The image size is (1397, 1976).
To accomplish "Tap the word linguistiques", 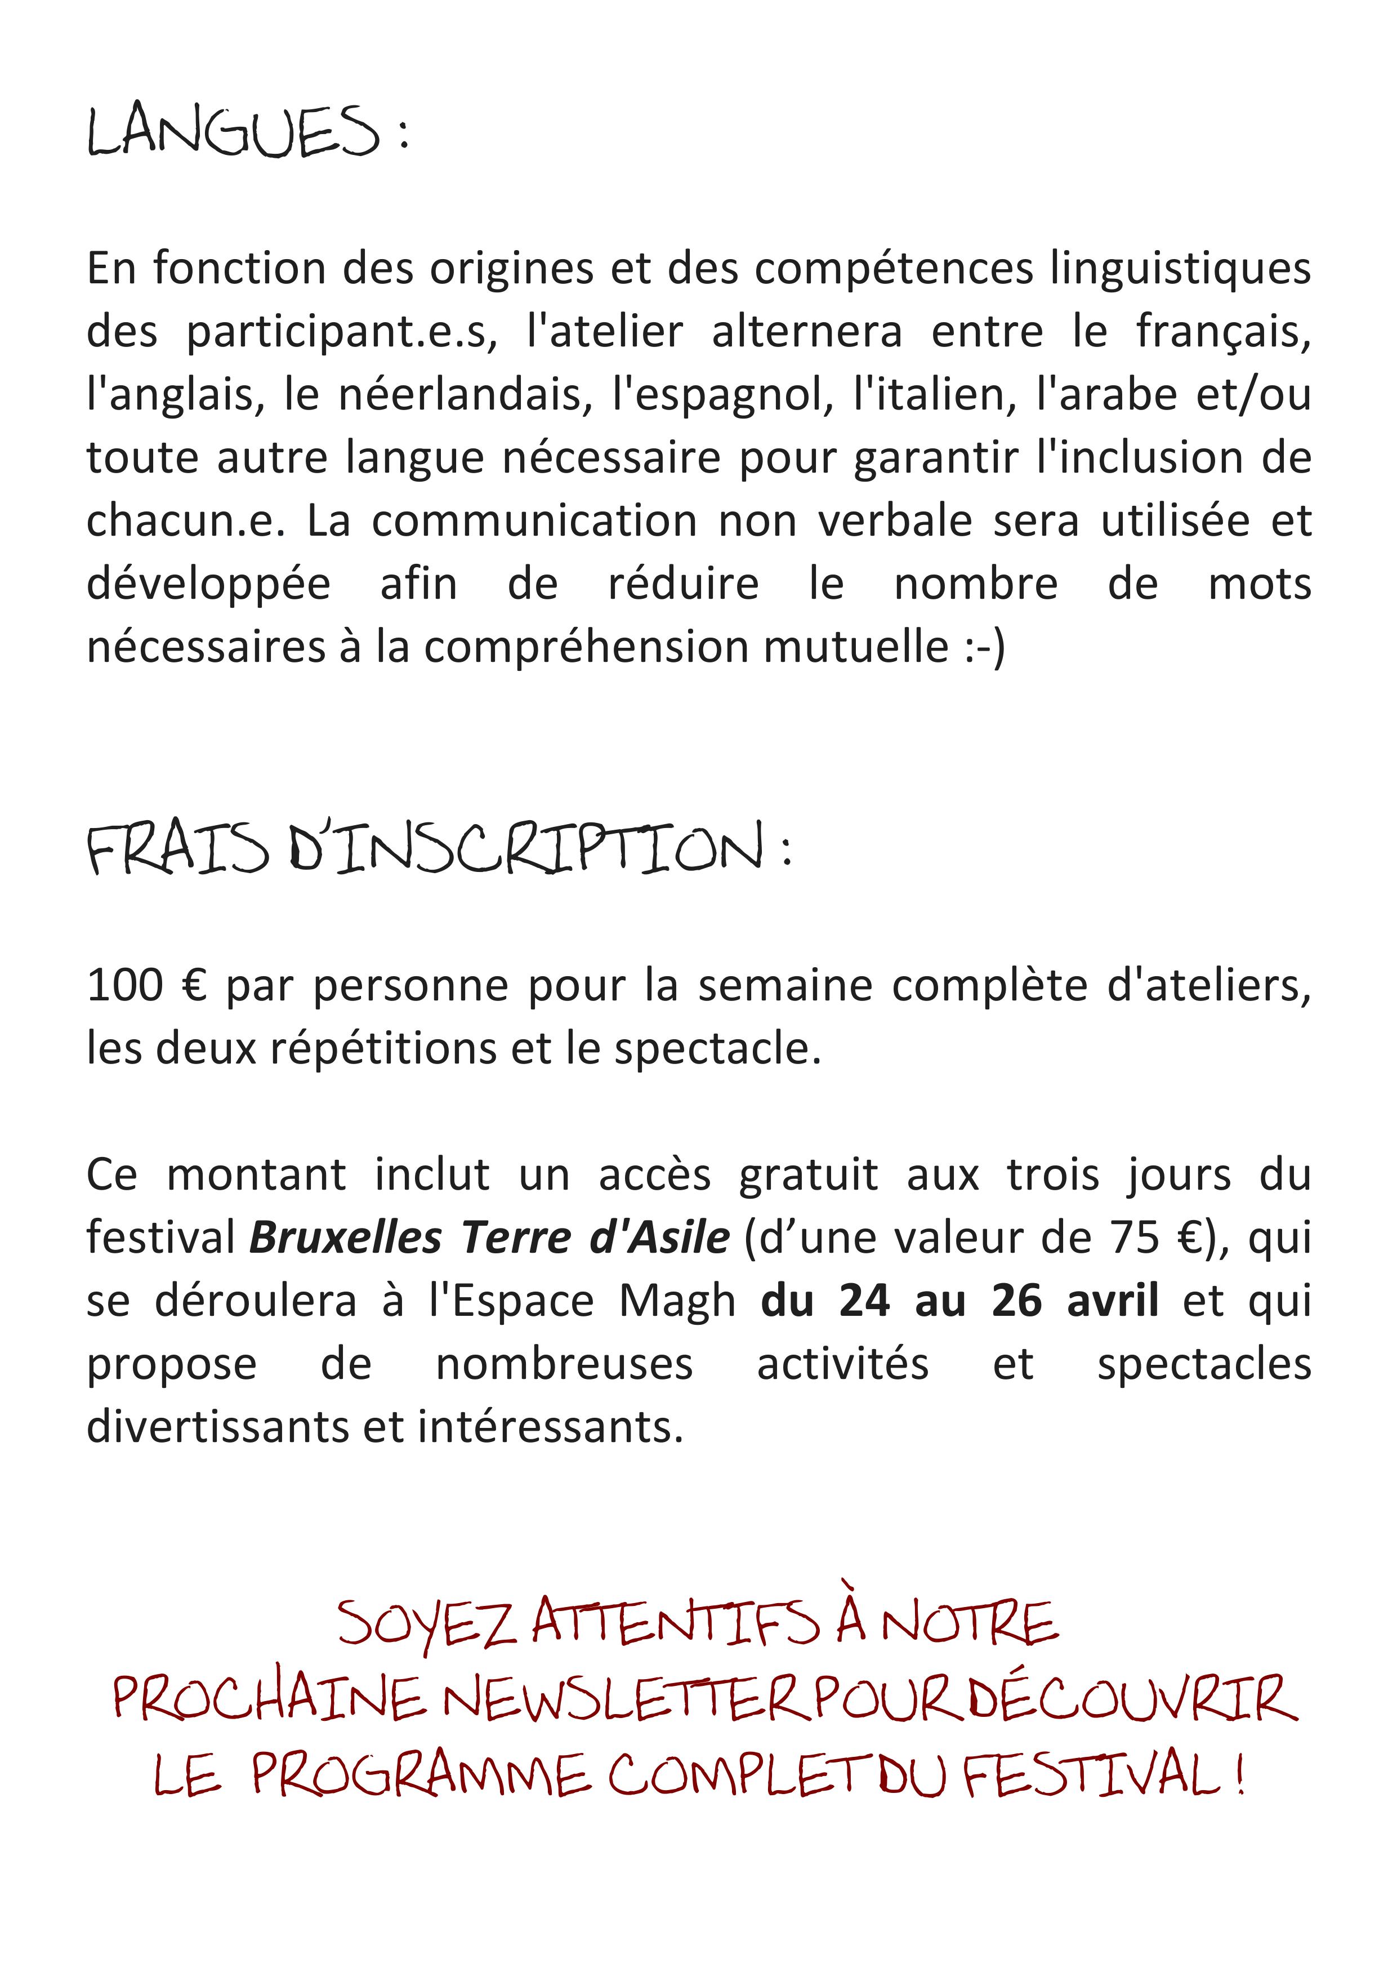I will [1180, 269].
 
